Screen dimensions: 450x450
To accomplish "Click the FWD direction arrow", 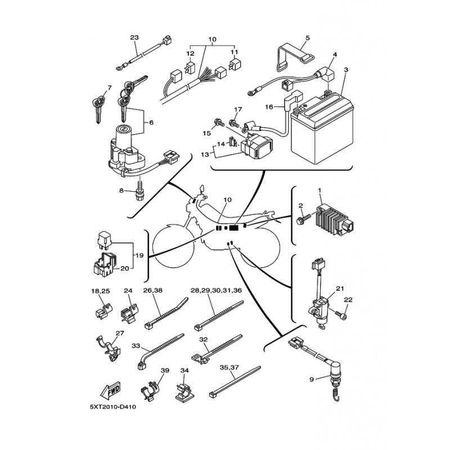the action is point(111,391).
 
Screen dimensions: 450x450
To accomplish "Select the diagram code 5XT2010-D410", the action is point(113,407).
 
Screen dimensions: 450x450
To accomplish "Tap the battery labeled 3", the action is point(322,128).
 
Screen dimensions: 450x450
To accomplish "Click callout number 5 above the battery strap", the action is point(308,38).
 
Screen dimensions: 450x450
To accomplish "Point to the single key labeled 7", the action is point(98,108).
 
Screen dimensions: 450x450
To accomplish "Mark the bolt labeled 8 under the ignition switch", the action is point(139,190).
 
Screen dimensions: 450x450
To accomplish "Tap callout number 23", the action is point(134,38).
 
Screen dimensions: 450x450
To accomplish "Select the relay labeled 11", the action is point(235,65).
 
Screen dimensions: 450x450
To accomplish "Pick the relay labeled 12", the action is point(190,68).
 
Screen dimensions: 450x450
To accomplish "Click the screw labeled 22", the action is point(340,315).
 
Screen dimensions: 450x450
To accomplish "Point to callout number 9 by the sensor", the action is point(312,379).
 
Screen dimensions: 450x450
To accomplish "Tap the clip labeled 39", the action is point(150,390).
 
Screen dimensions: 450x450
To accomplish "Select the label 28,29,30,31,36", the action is point(216,290).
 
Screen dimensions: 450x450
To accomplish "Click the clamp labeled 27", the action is point(109,348).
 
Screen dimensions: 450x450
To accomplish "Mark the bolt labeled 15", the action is point(218,123).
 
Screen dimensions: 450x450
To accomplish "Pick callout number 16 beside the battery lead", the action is point(269,107).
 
